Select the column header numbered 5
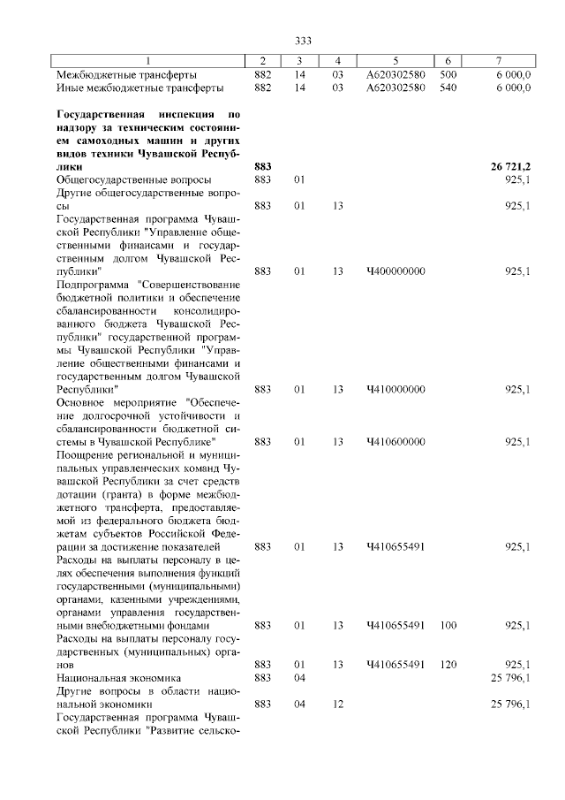(x=395, y=60)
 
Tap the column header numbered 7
(x=500, y=60)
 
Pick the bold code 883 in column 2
(x=262, y=166)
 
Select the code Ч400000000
(x=395, y=270)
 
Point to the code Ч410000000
(x=395, y=388)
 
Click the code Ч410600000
(x=395, y=441)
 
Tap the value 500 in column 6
(x=448, y=74)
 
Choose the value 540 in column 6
(x=448, y=88)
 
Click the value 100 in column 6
(x=448, y=625)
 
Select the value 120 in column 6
(x=448, y=664)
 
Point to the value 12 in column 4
(x=337, y=704)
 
